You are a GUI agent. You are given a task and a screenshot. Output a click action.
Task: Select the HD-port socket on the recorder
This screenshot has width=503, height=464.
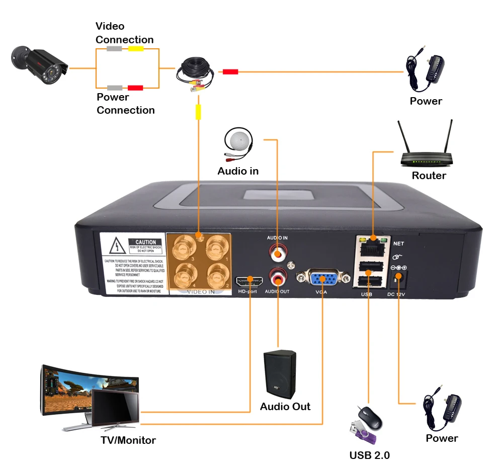[247, 281]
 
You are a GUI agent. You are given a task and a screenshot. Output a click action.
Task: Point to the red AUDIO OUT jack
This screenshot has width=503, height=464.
[277, 276]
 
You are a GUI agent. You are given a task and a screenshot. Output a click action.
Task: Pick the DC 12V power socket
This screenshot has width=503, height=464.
[400, 276]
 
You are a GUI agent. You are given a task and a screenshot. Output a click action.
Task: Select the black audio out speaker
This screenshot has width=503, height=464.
[280, 373]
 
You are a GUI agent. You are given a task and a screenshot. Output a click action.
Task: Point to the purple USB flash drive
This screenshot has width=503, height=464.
[360, 435]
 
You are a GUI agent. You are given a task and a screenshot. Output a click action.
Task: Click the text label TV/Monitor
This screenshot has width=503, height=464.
[128, 440]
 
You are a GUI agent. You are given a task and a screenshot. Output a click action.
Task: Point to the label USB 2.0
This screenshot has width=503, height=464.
[369, 455]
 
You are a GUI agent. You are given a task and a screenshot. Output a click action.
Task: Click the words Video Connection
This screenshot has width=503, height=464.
[125, 33]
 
